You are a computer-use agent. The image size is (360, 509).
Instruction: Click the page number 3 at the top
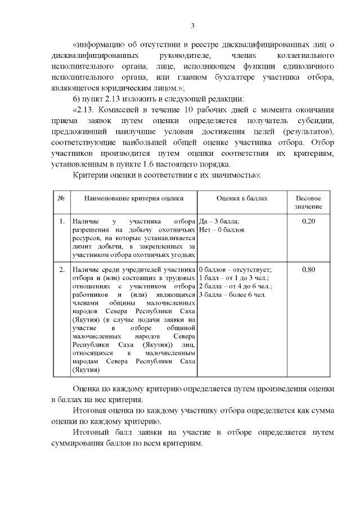[192, 26]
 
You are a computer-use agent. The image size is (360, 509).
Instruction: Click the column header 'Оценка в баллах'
[242, 199]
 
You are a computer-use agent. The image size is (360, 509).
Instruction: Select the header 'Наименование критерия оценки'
[133, 199]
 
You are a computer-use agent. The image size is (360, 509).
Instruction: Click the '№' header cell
[61, 199]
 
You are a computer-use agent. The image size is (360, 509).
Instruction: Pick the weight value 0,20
[308, 222]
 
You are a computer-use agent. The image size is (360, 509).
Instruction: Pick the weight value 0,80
[308, 270]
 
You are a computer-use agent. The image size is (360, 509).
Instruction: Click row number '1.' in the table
[61, 222]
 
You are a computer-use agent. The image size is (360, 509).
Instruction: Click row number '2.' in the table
[61, 270]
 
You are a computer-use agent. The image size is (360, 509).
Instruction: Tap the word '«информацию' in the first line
[98, 44]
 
